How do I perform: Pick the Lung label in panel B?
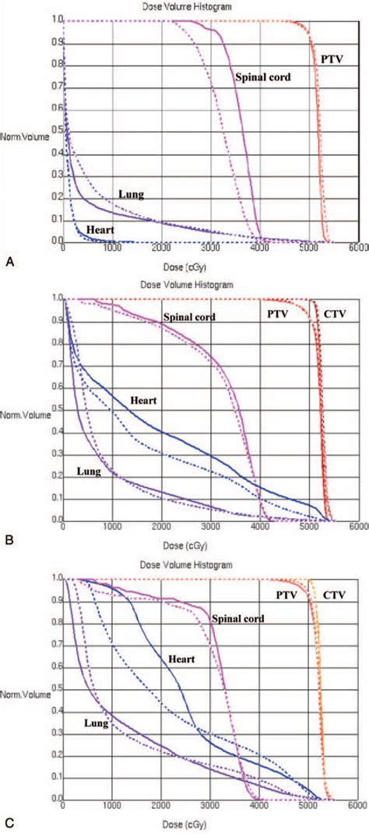[91, 470]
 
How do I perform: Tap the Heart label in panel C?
[179, 659]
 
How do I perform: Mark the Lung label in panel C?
[97, 723]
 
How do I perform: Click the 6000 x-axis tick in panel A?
[358, 249]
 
